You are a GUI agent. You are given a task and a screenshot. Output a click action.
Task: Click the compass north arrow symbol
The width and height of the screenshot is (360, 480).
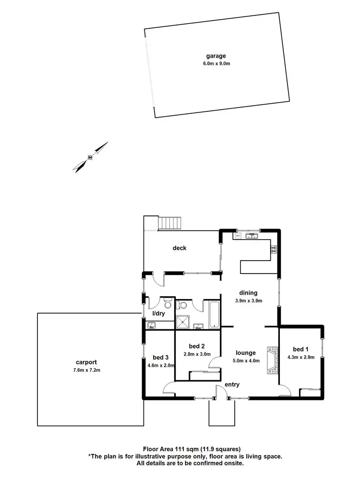tap(90, 156)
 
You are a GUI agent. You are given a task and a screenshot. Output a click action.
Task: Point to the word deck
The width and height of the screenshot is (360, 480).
tap(180, 248)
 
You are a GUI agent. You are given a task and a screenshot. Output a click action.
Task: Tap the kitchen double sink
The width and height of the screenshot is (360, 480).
tap(251, 236)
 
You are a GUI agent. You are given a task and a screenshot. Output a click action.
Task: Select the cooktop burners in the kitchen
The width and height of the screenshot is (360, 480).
tap(274, 249)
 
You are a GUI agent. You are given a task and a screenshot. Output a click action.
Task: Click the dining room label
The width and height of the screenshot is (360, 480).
tap(249, 293)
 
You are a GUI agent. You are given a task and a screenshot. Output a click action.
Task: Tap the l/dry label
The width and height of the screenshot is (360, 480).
tap(159, 313)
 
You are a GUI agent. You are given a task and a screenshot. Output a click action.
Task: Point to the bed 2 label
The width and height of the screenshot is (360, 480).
tap(197, 346)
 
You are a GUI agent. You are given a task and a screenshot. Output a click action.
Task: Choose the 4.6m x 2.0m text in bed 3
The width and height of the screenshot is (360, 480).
tap(160, 365)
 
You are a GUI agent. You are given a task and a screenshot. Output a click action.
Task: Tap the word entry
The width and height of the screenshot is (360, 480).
tap(232, 384)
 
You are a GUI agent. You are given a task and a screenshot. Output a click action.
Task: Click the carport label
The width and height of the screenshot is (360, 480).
tap(86, 362)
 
